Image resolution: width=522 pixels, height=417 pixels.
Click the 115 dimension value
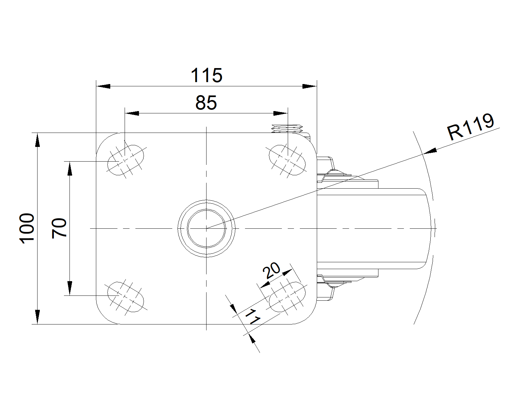pyautogui.click(x=207, y=75)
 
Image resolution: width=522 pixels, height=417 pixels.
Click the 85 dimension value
pyautogui.click(x=206, y=103)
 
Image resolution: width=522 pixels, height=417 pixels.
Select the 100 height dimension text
pyautogui.click(x=27, y=228)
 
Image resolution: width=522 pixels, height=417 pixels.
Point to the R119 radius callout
pyautogui.click(x=470, y=127)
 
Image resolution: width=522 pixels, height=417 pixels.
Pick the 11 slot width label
pyautogui.click(x=253, y=317)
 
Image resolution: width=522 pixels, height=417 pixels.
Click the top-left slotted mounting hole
pyautogui.click(x=126, y=160)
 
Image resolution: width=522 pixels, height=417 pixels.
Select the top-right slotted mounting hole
pyautogui.click(x=287, y=160)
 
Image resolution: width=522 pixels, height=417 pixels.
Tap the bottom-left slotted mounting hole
pyautogui.click(x=126, y=297)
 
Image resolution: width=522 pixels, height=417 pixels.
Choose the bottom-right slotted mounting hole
pyautogui.click(x=287, y=297)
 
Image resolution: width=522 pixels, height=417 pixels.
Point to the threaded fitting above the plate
pyautogui.click(x=287, y=128)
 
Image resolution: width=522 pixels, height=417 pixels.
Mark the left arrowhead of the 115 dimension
pyautogui.click(x=103, y=86)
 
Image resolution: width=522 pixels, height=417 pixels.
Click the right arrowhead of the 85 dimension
pyautogui.click(x=281, y=113)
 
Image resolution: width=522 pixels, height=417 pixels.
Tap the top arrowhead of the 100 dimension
pyautogui.click(x=37, y=140)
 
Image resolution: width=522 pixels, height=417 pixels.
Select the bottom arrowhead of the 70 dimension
pyautogui.click(x=70, y=288)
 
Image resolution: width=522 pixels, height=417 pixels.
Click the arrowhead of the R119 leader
pyautogui.click(x=430, y=151)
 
